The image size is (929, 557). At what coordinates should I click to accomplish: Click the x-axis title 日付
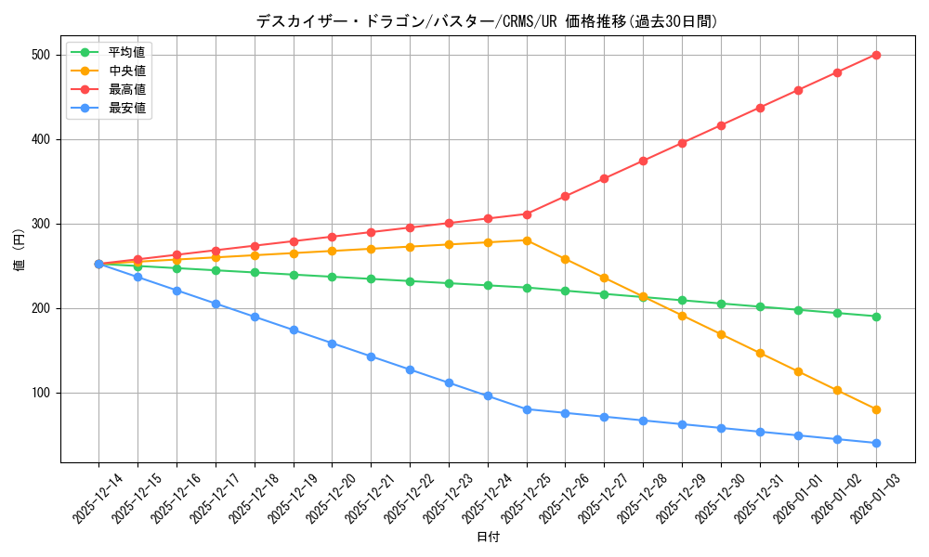click(487, 538)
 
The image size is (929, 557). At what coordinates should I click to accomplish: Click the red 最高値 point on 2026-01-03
click(876, 55)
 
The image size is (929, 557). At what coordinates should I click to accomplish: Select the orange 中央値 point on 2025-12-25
click(527, 240)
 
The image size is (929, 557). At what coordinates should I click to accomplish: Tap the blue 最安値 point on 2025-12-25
click(527, 409)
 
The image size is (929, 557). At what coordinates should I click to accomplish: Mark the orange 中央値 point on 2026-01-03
click(876, 409)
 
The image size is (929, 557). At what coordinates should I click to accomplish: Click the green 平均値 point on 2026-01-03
click(876, 317)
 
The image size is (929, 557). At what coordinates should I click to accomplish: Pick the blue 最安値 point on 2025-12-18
click(255, 317)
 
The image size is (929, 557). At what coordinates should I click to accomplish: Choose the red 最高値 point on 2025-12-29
click(682, 143)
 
